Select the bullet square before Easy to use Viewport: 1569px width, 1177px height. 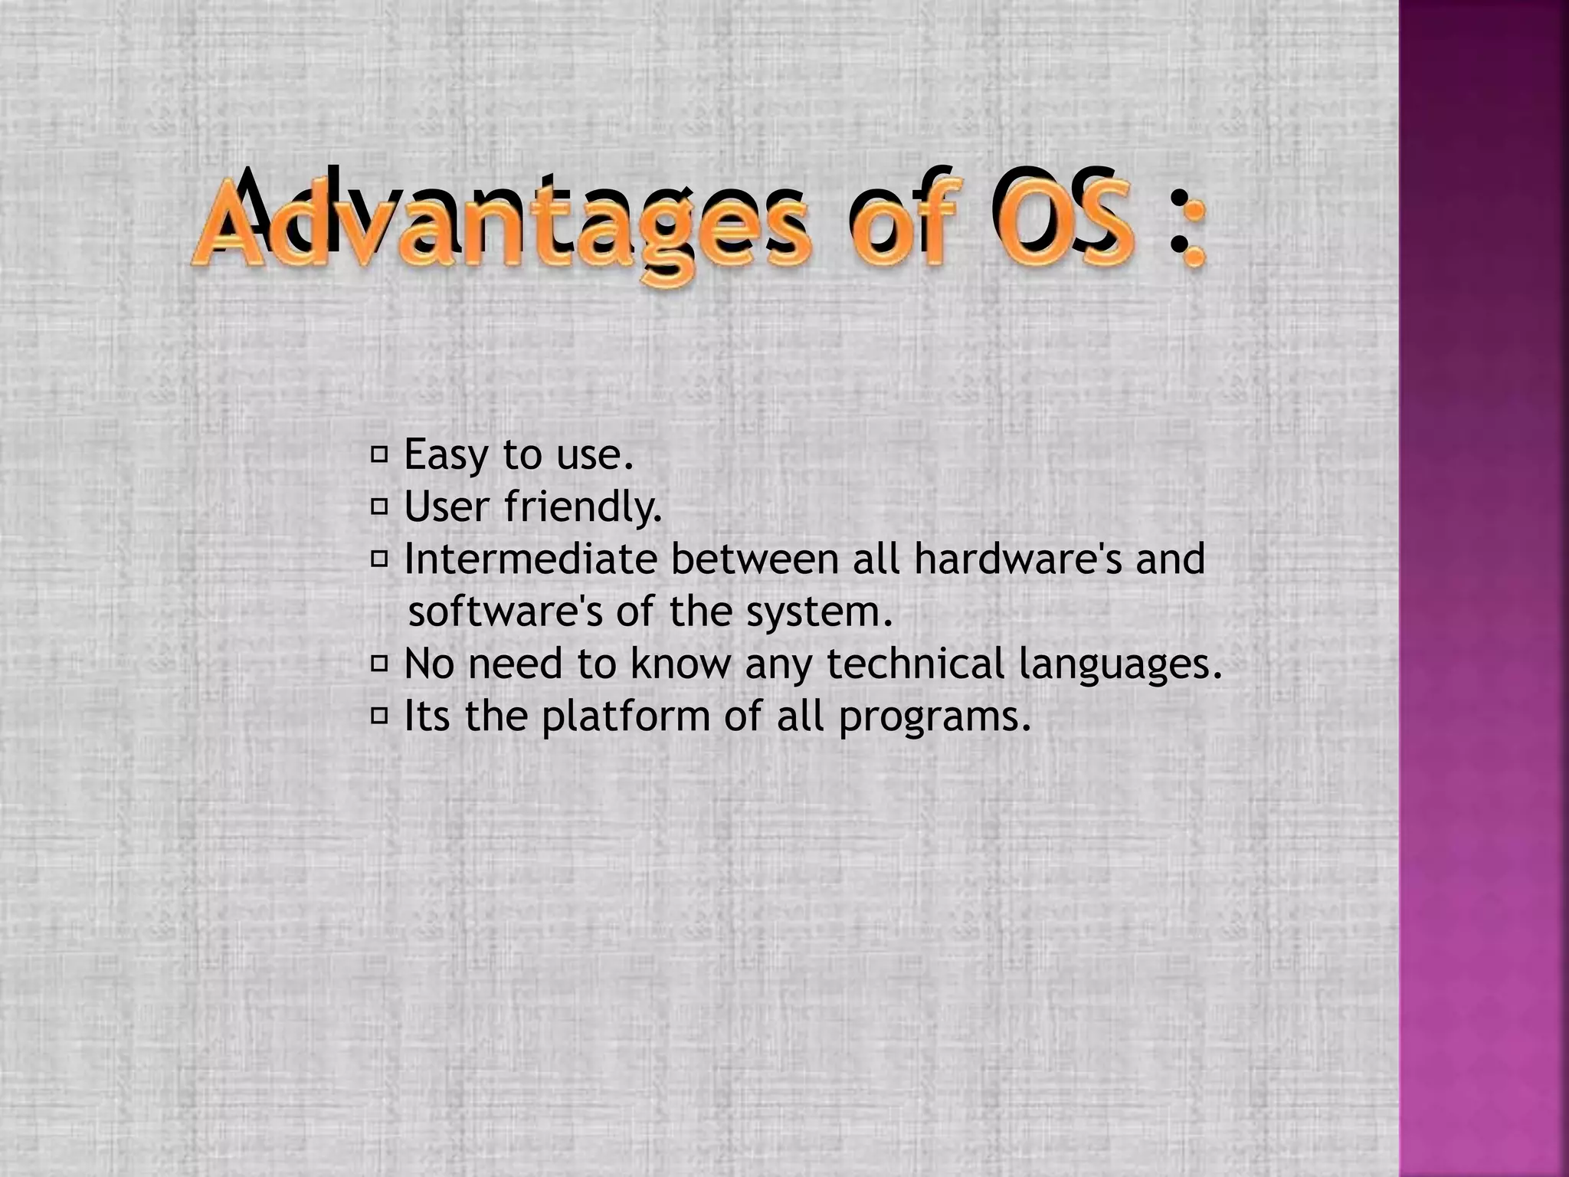[379, 455]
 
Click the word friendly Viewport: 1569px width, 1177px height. [583, 507]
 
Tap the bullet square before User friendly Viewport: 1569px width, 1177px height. [379, 507]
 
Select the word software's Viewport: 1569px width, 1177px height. [506, 611]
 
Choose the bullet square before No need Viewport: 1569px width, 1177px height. [379, 663]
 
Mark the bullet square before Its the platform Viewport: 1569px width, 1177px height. [379, 716]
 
